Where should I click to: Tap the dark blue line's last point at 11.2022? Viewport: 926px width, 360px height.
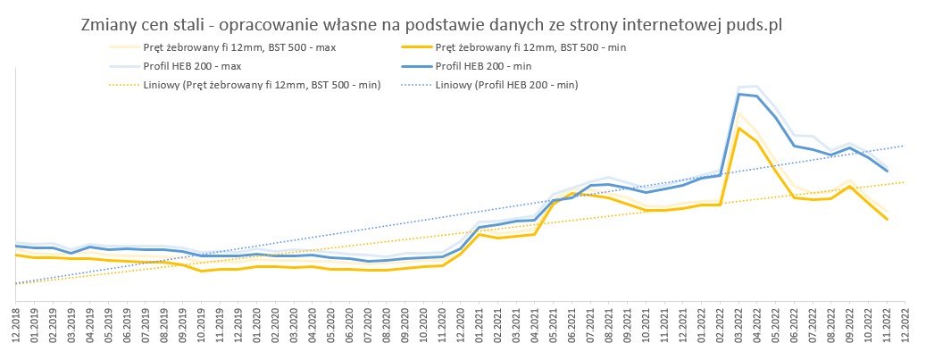(887, 171)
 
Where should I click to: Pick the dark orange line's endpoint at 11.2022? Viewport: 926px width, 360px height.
(887, 219)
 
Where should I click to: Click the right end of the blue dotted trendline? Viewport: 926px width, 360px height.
(905, 146)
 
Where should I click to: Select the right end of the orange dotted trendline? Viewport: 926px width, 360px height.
(905, 182)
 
